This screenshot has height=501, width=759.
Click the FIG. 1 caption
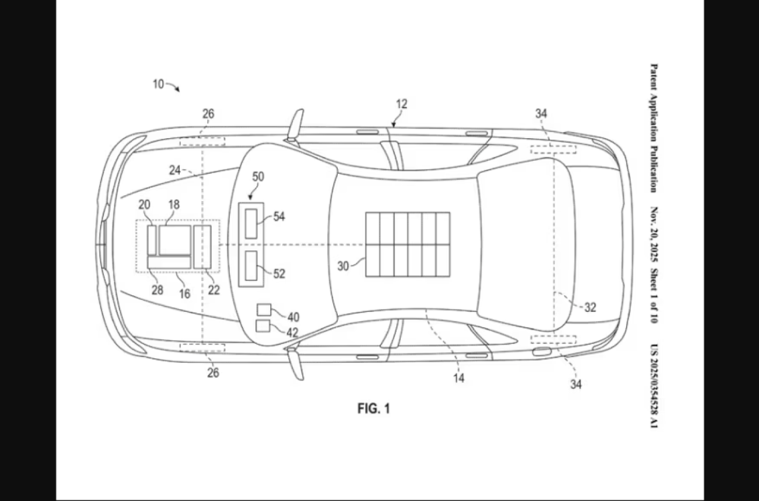coord(373,408)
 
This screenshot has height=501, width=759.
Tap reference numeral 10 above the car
coord(158,84)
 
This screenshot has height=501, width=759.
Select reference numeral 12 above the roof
coord(402,104)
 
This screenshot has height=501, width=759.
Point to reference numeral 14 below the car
coord(458,377)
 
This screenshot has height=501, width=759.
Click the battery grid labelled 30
coord(408,244)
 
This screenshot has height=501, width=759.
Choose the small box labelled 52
coord(251,267)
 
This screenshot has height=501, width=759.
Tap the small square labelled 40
coord(263,310)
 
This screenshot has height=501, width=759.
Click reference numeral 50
coord(258,177)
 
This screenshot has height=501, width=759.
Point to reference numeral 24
coord(175,171)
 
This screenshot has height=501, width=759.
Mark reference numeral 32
coord(590,307)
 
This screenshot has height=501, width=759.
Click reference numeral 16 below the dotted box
coord(184,294)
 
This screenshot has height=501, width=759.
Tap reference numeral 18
coord(174,204)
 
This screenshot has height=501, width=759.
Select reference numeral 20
coord(144,204)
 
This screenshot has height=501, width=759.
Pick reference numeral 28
coord(157,289)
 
